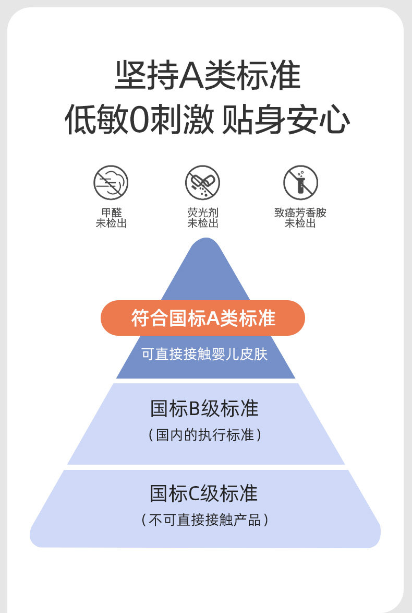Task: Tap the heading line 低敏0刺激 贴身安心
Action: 207,120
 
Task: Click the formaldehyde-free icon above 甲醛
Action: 111,183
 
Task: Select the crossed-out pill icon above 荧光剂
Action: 203,183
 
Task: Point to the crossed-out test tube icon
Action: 300,183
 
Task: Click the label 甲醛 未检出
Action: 111,218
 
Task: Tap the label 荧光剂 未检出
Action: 203,218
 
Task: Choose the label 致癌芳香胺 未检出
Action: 300,218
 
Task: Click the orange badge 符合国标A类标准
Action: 203,318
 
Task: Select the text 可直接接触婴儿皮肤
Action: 204,355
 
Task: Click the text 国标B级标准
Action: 204,409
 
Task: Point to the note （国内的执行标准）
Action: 204,435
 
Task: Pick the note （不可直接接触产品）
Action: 204,520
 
